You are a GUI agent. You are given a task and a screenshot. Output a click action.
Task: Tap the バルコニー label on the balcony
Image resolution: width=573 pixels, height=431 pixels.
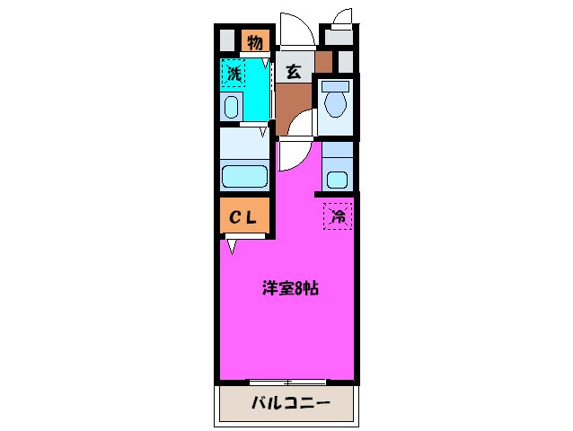pos(290,403)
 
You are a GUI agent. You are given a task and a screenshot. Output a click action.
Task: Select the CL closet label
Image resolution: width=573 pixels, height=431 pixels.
pos(243,216)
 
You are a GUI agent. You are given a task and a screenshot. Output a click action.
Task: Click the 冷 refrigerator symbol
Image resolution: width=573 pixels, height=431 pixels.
pos(338,215)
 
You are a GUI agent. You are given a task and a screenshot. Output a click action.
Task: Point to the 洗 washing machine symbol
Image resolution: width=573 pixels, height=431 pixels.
pos(234,74)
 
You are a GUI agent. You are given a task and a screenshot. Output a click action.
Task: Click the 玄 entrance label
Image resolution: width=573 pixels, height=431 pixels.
pos(294,73)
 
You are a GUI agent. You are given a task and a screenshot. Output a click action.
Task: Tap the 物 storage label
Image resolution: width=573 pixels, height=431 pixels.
pos(254,41)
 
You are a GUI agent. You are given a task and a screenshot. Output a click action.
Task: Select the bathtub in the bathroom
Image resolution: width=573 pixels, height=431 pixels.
pos(245,175)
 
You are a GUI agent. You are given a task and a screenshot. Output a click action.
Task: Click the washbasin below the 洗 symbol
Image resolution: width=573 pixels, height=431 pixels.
pos(231,109)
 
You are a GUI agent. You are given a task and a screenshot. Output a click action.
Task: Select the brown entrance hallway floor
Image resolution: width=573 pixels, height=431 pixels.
pos(293,103)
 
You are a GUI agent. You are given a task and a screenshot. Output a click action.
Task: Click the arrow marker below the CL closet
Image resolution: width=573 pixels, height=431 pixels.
pos(232,244)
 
